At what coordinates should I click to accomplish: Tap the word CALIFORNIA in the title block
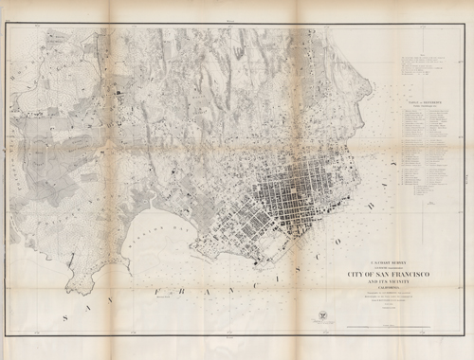click(x=372, y=292)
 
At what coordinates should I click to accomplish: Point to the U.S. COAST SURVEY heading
click(x=372, y=258)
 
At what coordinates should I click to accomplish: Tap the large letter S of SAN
click(x=64, y=319)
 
